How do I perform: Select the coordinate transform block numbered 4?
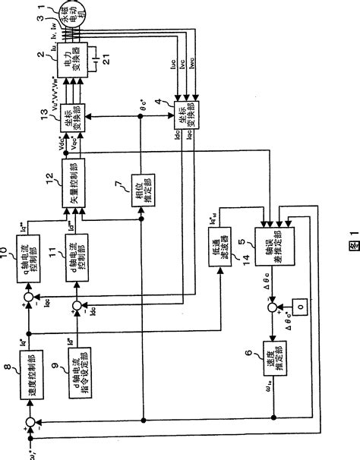pos(183,114)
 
